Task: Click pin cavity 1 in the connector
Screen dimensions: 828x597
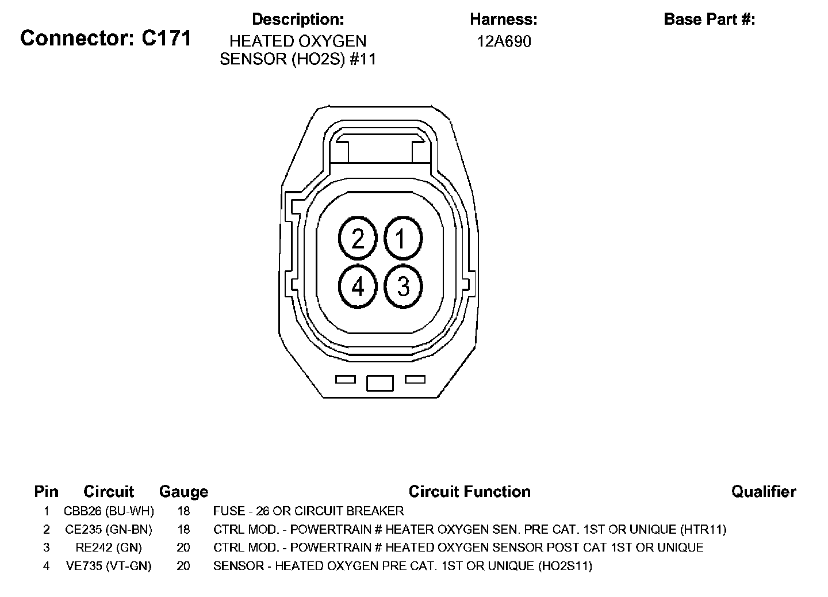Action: click(x=402, y=238)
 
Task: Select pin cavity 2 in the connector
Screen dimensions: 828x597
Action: click(x=358, y=238)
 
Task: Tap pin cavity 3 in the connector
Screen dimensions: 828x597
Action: click(x=402, y=286)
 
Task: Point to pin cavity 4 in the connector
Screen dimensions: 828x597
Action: click(x=358, y=286)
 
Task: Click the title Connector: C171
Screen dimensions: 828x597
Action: click(x=106, y=39)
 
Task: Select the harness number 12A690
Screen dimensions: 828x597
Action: click(x=504, y=41)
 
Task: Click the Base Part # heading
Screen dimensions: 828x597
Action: click(x=709, y=19)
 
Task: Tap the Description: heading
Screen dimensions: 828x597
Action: click(x=298, y=19)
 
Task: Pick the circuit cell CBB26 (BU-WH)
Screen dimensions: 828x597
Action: click(x=109, y=511)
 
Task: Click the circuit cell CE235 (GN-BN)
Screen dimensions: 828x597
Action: click(x=109, y=529)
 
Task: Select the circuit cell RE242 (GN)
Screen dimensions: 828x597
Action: click(x=109, y=548)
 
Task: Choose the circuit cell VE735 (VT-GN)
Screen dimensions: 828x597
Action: click(x=109, y=566)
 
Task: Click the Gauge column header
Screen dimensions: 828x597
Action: click(x=183, y=492)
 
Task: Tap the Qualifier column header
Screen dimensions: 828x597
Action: click(x=764, y=492)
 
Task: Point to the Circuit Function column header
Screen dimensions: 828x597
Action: click(x=469, y=492)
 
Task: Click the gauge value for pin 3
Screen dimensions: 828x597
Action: click(x=183, y=548)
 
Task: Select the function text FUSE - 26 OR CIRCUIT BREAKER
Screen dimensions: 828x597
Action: click(x=308, y=511)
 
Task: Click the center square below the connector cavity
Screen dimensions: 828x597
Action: click(x=380, y=382)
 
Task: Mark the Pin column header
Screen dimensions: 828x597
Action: click(x=47, y=492)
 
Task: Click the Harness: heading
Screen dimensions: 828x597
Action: click(x=504, y=19)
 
